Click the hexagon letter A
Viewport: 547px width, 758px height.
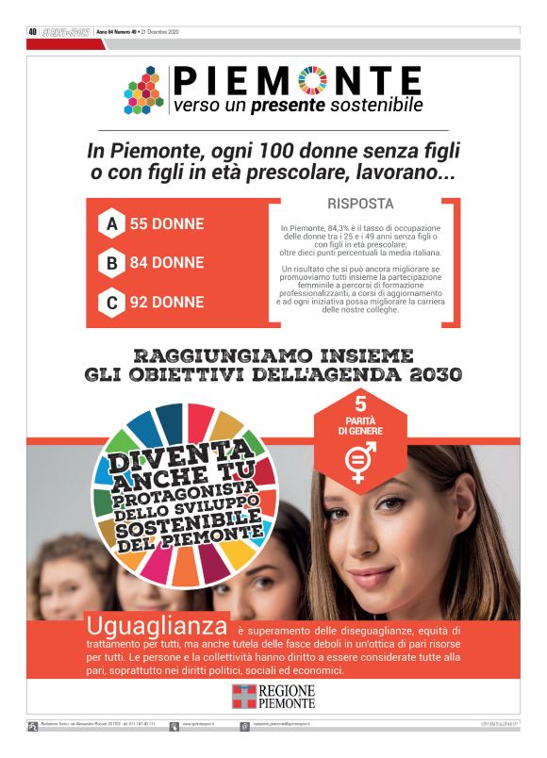point(112,224)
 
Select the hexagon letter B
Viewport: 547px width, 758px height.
point(112,263)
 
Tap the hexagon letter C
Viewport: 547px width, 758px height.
point(112,303)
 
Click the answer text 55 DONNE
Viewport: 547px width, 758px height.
point(167,224)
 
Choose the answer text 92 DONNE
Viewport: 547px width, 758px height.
point(167,303)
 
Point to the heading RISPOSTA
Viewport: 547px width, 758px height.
point(360,204)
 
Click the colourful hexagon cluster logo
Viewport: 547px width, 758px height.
point(144,91)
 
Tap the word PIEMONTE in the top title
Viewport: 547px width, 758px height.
point(298,78)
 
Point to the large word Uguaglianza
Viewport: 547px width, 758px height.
point(157,625)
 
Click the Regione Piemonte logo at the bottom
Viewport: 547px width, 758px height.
point(273,695)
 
